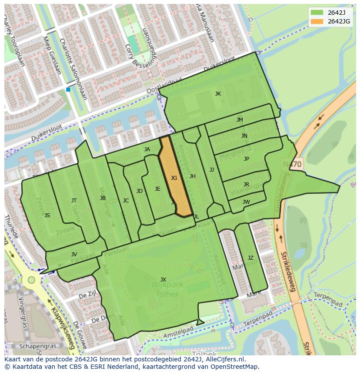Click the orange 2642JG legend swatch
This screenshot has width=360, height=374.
(317, 21)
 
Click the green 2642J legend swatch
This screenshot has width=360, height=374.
(317, 12)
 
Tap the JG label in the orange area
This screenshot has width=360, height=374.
(174, 178)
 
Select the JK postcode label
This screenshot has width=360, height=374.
(218, 93)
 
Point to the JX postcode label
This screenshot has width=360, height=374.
(163, 279)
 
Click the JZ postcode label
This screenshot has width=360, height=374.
(250, 258)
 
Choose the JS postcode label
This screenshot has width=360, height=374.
(47, 215)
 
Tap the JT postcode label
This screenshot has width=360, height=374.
(74, 200)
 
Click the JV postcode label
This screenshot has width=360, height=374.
(74, 254)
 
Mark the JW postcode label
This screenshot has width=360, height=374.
(246, 202)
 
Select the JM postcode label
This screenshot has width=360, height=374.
(240, 119)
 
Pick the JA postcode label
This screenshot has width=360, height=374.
(147, 149)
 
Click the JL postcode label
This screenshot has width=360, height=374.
(196, 216)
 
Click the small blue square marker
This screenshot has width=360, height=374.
(68, 89)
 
